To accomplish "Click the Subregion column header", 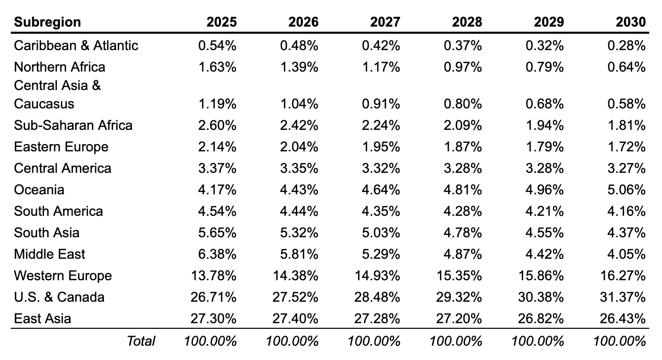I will click(47, 22).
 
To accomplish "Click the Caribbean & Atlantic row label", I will click(76, 46).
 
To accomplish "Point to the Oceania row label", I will click(39, 190).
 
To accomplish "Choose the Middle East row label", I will click(50, 254).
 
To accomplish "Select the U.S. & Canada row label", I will click(59, 297).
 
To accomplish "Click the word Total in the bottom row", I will click(141, 341).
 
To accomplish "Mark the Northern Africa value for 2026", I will click(300, 67).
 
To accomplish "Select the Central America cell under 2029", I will click(545, 168).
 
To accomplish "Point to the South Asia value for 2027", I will click(382, 233).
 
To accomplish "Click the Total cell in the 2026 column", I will click(293, 341).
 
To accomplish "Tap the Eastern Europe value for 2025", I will click(218, 147).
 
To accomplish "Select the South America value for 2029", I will click(545, 211).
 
